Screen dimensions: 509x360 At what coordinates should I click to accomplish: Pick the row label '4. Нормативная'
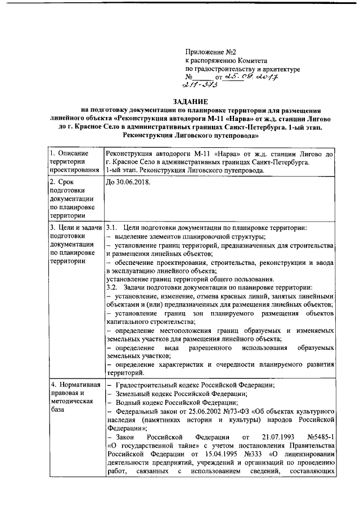pyautogui.click(x=74, y=385)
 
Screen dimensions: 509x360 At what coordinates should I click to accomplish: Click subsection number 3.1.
pyautogui.click(x=111, y=228)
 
